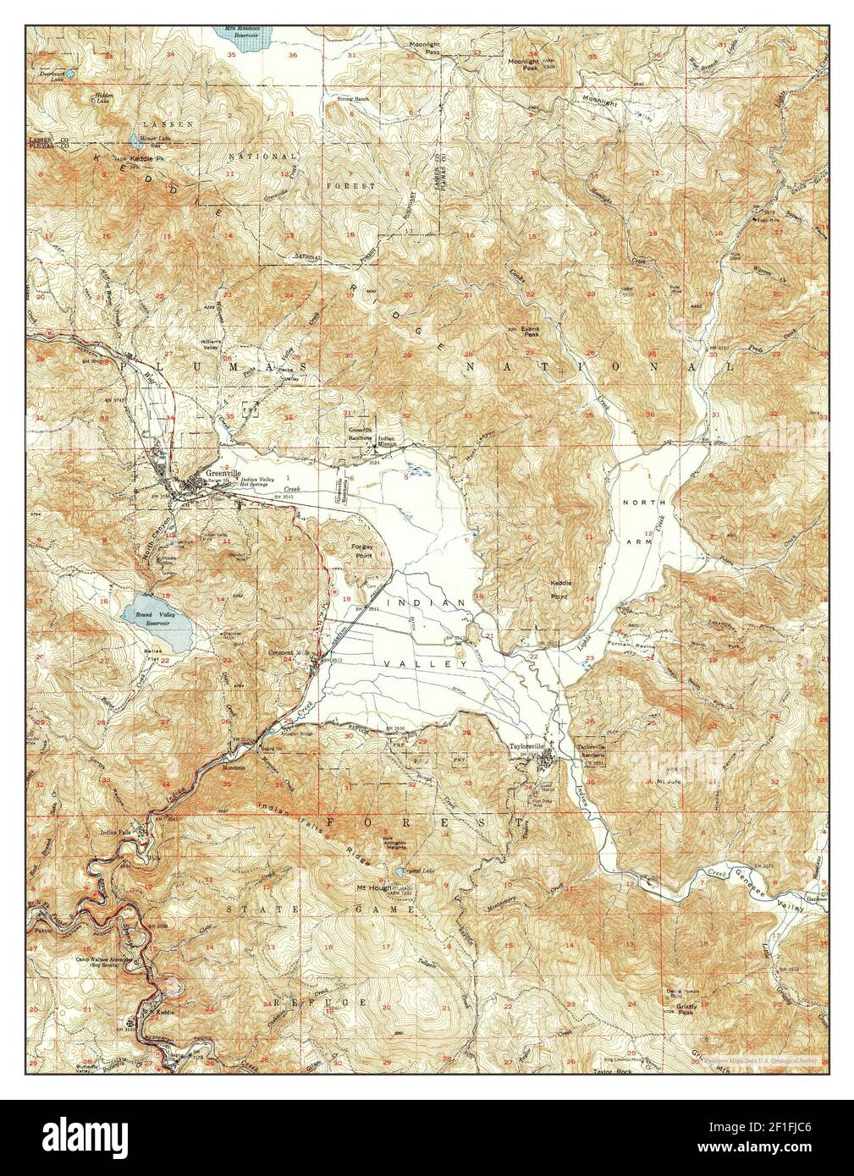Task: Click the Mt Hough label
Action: click(372, 887)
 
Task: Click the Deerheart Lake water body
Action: click(70, 74)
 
